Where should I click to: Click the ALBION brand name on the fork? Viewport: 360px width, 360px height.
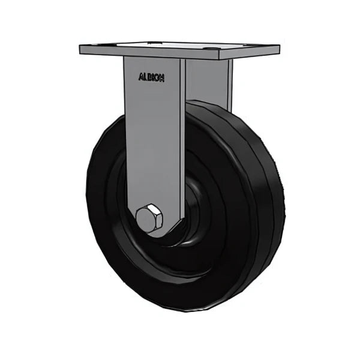[152, 77]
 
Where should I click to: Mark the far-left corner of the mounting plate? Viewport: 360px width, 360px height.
[80, 48]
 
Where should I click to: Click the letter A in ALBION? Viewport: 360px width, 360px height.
[140, 77]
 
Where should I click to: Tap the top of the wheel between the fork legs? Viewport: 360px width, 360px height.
[198, 106]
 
